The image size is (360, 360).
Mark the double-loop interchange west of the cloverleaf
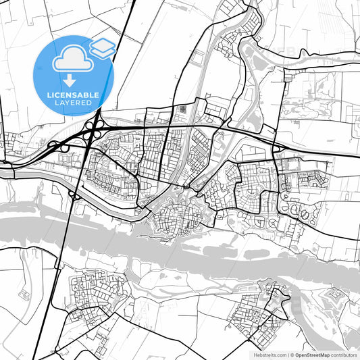[59, 145]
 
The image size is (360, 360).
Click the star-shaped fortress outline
[334, 297]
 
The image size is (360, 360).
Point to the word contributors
[344, 354]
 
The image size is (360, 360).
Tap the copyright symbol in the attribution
[292, 354]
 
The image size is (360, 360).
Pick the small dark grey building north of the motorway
[180, 109]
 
